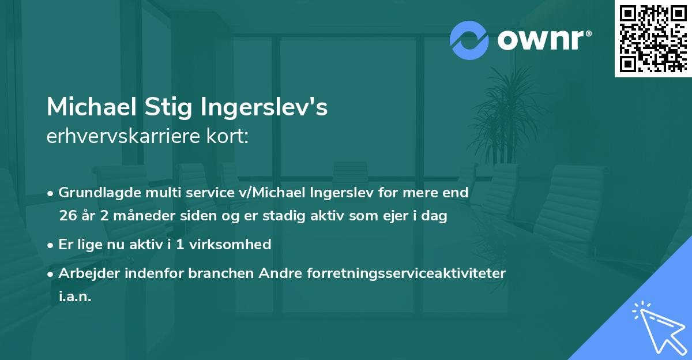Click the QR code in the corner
[x=653, y=39]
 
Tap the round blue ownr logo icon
[x=469, y=40]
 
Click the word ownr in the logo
[x=540, y=40]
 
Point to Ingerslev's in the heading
[x=265, y=108]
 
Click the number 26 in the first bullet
[x=67, y=216]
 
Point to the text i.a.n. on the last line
[x=75, y=297]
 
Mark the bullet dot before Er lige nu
[x=51, y=245]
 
